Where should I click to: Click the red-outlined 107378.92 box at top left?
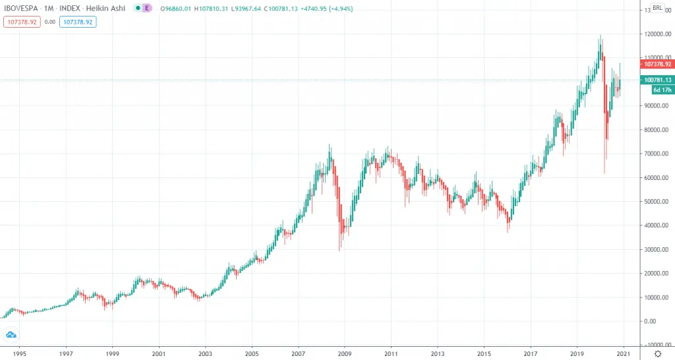click(22, 22)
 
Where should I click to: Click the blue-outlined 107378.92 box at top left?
click(78, 22)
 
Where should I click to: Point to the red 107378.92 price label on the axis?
click(656, 64)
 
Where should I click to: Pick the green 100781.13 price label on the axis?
click(656, 80)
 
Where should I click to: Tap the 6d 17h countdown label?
click(660, 90)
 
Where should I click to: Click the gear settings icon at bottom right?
click(657, 353)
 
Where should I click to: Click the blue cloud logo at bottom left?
click(11, 335)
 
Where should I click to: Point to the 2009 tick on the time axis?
click(344, 353)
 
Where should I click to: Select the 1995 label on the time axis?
click(19, 353)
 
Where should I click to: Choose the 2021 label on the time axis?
click(623, 353)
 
